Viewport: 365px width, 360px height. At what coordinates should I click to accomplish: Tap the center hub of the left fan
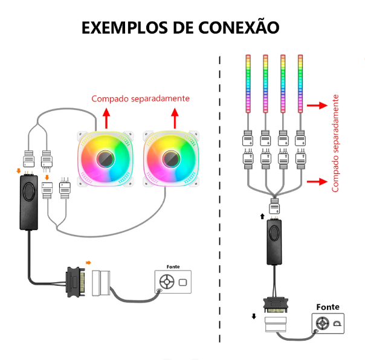[x=106, y=159]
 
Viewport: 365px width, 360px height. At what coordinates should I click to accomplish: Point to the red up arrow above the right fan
[x=175, y=117]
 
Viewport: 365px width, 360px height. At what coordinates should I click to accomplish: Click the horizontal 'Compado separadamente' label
[x=140, y=98]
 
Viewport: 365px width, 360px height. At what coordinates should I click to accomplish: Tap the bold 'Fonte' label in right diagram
[x=328, y=307]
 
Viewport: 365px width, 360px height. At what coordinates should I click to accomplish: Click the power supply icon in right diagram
[x=328, y=324]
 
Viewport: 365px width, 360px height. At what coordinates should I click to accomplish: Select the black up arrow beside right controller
[x=262, y=216]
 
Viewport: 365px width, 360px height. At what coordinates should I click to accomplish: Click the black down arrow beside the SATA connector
[x=254, y=316]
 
